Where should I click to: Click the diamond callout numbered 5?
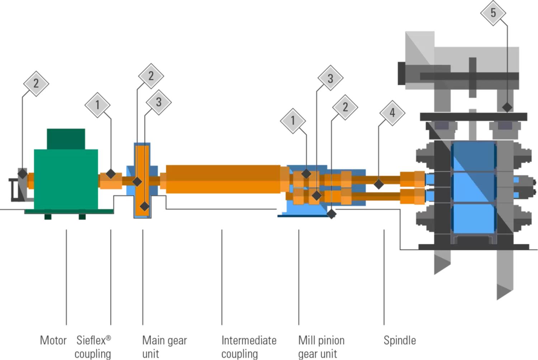tap(493, 13)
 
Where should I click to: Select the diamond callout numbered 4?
tap(392, 113)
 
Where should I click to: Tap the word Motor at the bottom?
tap(53, 340)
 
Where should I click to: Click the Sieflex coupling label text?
tap(93, 347)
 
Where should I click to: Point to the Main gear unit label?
tap(165, 347)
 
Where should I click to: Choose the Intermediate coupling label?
tap(249, 347)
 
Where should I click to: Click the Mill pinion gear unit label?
tap(321, 347)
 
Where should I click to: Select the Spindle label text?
tap(400, 340)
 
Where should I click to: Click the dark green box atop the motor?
tap(66, 139)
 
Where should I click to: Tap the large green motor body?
tap(66, 179)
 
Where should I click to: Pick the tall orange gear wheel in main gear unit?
tap(142, 181)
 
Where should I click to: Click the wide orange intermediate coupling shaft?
tap(223, 179)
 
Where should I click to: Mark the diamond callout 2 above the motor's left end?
tap(36, 84)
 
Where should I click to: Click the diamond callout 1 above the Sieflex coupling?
tap(97, 105)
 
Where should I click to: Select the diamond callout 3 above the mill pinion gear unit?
tap(330, 78)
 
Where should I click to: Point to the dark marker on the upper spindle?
tap(379, 184)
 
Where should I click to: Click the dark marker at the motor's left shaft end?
tap(23, 174)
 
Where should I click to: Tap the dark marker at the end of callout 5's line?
tap(507, 107)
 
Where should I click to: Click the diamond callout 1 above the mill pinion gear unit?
tap(293, 121)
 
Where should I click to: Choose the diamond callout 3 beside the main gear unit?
tap(159, 102)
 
